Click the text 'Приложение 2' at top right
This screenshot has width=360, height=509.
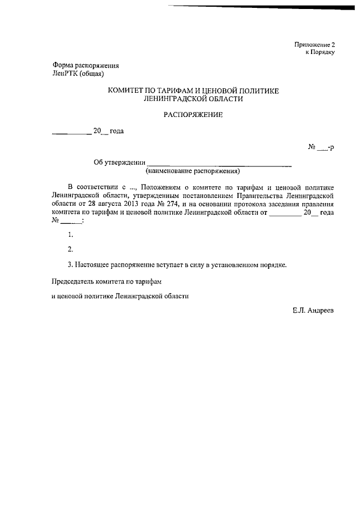314,44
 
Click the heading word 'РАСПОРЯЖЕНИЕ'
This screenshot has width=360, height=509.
193,115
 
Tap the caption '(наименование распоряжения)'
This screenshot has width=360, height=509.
193,170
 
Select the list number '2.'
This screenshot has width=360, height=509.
70,249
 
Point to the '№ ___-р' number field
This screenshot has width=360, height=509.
321,147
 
